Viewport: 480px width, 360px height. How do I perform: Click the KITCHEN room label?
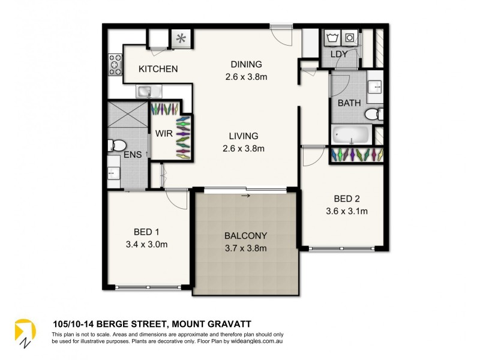click(158, 69)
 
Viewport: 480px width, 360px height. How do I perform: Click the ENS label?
click(133, 155)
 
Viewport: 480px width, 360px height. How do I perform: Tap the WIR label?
click(164, 133)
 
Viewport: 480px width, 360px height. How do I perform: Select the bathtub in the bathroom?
click(351, 133)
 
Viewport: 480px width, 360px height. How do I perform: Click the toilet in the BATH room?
click(374, 113)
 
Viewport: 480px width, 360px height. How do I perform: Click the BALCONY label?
click(246, 236)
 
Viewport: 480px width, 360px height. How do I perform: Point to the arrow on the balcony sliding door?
click(245, 195)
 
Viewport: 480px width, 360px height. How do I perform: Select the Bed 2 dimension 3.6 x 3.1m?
click(346, 211)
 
